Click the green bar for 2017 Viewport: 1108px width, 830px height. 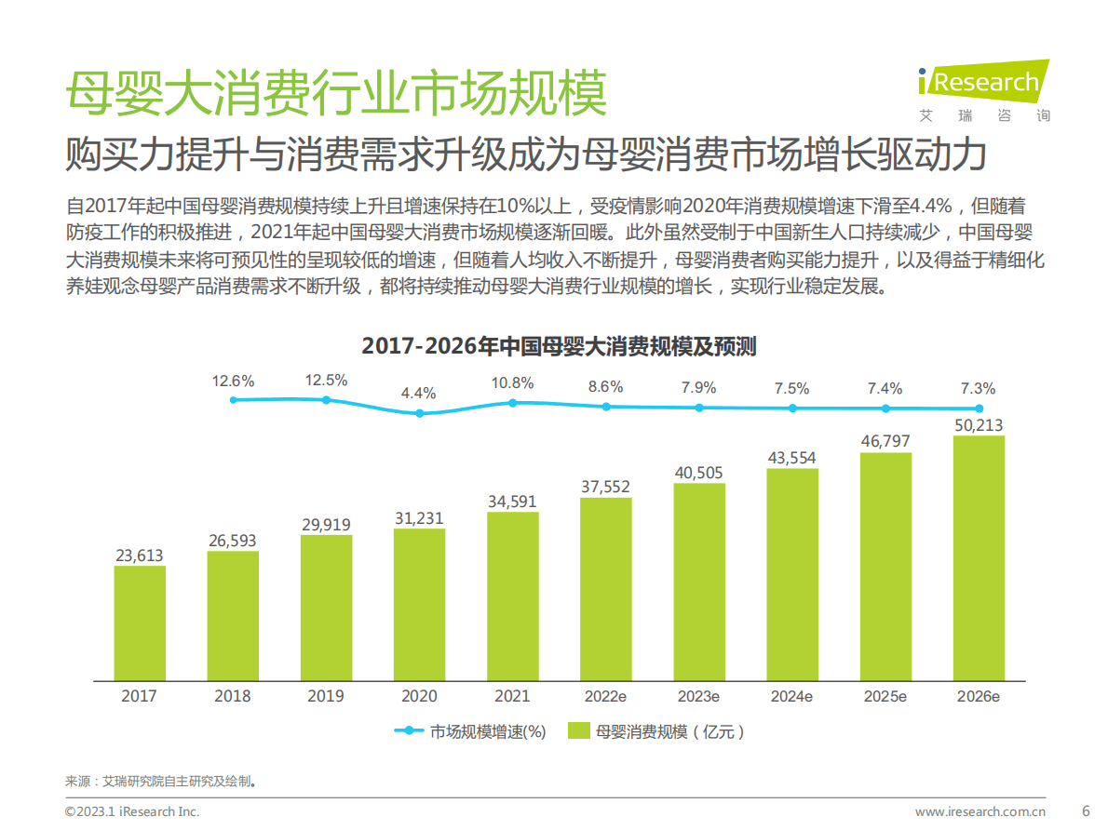pyautogui.click(x=140, y=622)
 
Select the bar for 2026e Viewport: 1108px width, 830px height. pyautogui.click(x=979, y=557)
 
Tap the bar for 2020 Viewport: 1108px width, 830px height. pyautogui.click(x=419, y=604)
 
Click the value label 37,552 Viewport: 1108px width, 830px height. pyautogui.click(x=605, y=487)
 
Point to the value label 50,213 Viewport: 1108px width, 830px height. pyautogui.click(x=979, y=425)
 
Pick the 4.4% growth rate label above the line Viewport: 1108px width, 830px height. pyautogui.click(x=419, y=393)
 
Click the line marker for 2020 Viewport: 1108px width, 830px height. pyautogui.click(x=419, y=413)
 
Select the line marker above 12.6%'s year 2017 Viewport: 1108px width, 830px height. pyautogui.click(x=234, y=399)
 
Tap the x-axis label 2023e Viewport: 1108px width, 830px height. pyautogui.click(x=698, y=696)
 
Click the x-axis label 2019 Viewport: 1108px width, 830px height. pyautogui.click(x=326, y=696)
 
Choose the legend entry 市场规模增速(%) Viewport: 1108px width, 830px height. pyautogui.click(x=470, y=731)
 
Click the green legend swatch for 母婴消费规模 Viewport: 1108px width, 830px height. pyautogui.click(x=579, y=731)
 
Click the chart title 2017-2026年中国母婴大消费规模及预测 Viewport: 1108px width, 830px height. pyautogui.click(x=559, y=347)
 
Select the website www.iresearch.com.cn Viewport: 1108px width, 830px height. pyautogui.click(x=980, y=811)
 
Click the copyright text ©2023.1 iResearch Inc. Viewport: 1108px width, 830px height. pyautogui.click(x=132, y=811)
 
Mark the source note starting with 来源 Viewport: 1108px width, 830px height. pyautogui.click(x=160, y=781)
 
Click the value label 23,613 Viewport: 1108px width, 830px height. pyautogui.click(x=140, y=556)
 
